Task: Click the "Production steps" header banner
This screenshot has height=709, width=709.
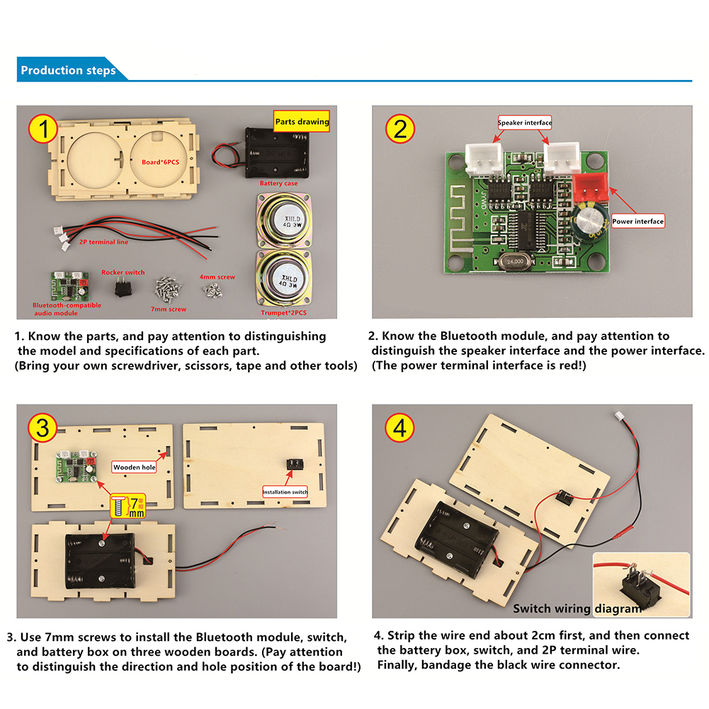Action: tap(68, 71)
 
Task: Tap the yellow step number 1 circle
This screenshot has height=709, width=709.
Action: tap(44, 130)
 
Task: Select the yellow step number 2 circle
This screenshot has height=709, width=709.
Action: tap(401, 130)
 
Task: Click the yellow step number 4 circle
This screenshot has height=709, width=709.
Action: tap(401, 428)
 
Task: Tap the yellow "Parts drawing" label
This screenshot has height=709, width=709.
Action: tap(302, 122)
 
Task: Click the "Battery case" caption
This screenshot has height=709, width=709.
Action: tap(278, 183)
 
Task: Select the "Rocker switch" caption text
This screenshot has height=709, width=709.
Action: tap(123, 272)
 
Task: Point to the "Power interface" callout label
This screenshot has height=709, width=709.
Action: tap(638, 222)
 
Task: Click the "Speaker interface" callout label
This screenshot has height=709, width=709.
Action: tap(525, 123)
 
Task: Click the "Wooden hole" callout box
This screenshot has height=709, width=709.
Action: tap(135, 467)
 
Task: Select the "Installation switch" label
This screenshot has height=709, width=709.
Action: tap(285, 492)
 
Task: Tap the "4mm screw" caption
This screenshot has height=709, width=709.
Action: tap(217, 277)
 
